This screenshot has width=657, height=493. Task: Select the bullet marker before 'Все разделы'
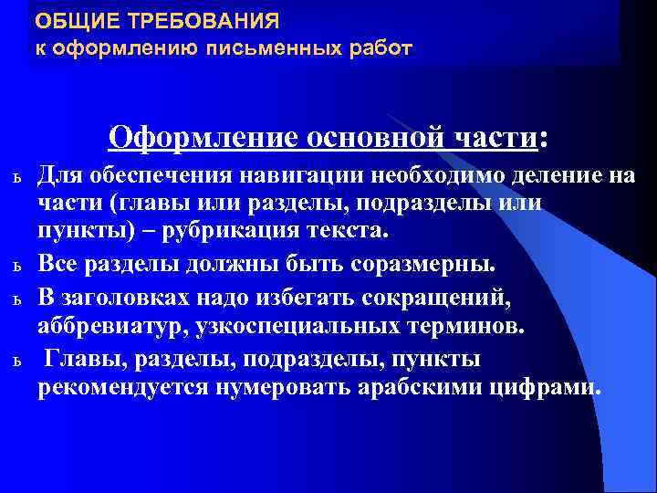coord(16,267)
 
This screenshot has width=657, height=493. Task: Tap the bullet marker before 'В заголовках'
coord(16,298)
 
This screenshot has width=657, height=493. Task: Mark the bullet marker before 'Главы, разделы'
coord(16,359)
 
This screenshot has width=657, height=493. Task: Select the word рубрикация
coord(235,235)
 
